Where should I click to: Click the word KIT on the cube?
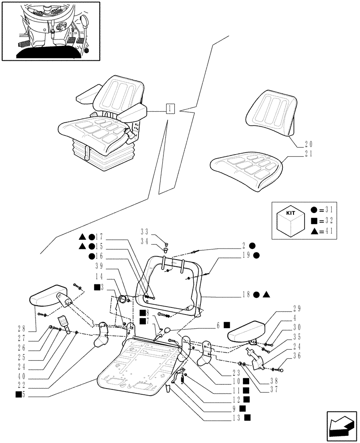click(x=291, y=214)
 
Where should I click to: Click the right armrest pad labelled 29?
click(x=246, y=329)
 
